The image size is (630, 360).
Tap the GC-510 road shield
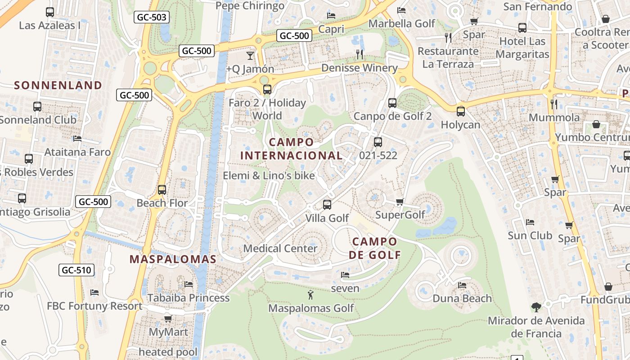click(76, 270)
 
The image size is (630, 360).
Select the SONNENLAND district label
click(58, 85)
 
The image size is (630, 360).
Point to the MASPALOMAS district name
click(173, 259)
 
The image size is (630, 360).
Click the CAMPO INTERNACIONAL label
click(291, 149)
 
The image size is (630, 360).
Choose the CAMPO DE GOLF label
click(375, 248)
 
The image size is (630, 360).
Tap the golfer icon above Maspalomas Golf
click(310, 295)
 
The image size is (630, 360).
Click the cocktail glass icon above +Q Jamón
click(250, 55)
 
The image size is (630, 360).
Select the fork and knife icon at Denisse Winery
click(360, 54)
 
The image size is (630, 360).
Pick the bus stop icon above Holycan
click(460, 111)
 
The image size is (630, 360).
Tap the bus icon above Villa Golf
click(327, 204)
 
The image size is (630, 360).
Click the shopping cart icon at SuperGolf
click(400, 202)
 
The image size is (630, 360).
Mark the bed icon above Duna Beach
click(462, 285)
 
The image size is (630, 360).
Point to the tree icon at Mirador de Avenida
click(536, 307)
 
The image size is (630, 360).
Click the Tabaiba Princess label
click(188, 298)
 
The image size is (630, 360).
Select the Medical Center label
click(280, 248)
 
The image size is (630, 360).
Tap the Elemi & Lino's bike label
click(269, 175)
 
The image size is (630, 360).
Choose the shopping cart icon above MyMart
click(168, 319)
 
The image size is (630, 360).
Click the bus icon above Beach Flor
click(162, 189)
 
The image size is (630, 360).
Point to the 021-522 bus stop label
click(378, 155)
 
